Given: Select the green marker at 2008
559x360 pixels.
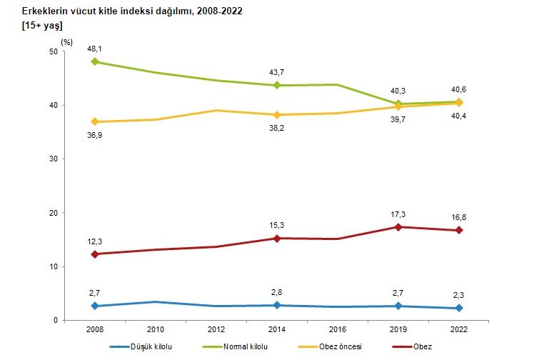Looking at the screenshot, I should [x=95, y=62].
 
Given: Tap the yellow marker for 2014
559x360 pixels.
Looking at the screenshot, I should [x=277, y=115].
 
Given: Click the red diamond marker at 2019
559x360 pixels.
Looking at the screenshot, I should [x=398, y=227].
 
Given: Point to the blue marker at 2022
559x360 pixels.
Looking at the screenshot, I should [x=459, y=308].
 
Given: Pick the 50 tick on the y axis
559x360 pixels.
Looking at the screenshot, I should [x=54, y=51].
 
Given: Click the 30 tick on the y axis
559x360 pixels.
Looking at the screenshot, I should [x=54, y=159].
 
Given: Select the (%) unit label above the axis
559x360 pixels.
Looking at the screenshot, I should [x=67, y=41].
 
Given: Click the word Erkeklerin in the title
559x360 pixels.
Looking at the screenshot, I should [x=44, y=11].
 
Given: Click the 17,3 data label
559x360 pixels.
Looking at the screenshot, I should [x=398, y=214].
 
